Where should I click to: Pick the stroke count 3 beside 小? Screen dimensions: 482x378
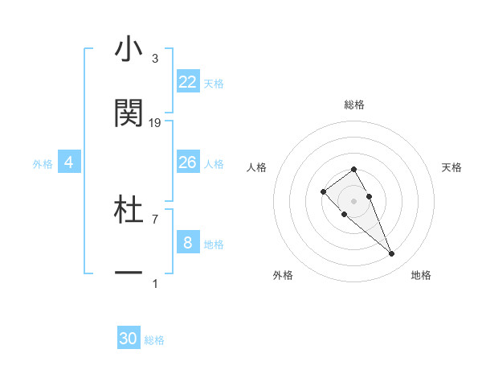(x=154, y=59)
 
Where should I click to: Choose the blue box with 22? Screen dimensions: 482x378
(x=188, y=82)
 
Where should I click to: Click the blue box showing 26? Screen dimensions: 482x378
(x=188, y=162)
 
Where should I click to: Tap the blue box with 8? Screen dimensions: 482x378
(x=188, y=242)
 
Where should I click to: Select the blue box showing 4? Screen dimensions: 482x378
(x=69, y=162)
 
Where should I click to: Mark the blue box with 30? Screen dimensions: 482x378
(x=129, y=339)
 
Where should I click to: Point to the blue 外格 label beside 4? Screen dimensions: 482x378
(x=43, y=164)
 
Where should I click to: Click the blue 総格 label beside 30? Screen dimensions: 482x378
(x=154, y=340)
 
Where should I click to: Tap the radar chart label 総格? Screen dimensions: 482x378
(x=354, y=105)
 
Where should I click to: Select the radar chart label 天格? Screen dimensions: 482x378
(x=451, y=167)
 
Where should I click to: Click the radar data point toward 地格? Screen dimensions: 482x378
(x=392, y=254)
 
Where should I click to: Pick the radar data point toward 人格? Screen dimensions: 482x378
(x=323, y=191)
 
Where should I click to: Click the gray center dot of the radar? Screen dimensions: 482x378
(x=354, y=201)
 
